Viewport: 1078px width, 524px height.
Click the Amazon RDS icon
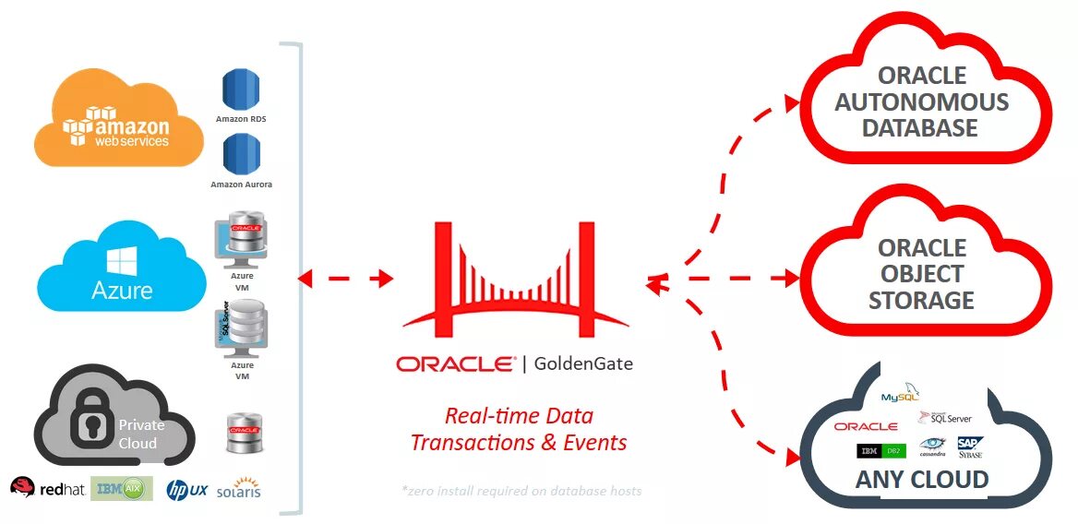click(242, 89)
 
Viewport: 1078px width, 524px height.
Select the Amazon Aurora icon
click(242, 153)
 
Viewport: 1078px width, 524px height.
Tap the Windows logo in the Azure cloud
click(121, 260)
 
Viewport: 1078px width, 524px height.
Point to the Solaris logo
click(239, 488)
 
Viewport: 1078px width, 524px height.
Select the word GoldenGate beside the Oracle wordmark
click(583, 363)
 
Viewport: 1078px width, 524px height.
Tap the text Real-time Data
click(519, 415)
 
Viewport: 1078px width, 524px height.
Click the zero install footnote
click(521, 491)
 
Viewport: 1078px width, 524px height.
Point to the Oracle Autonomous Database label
click(921, 101)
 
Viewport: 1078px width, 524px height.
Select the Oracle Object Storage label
click(921, 274)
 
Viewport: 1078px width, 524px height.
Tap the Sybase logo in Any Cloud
click(970, 447)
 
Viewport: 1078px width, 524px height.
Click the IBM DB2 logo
click(881, 450)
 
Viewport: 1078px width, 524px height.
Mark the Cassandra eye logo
click(932, 446)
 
